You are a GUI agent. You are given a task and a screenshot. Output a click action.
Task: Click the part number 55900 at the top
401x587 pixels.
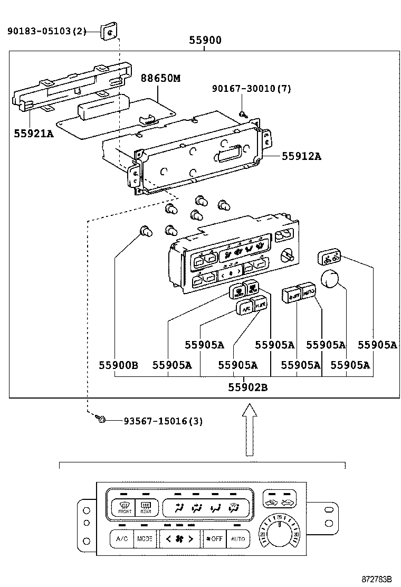[x=205, y=40]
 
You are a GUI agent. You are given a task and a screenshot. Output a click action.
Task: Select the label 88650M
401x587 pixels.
[x=160, y=78]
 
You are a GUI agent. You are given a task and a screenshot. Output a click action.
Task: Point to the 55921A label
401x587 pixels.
[x=34, y=133]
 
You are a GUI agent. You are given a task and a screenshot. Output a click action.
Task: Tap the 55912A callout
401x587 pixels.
[x=301, y=156]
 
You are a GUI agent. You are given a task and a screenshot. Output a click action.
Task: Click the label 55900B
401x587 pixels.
[x=118, y=365]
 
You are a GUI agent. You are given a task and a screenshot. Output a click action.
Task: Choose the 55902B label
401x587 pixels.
[x=247, y=387]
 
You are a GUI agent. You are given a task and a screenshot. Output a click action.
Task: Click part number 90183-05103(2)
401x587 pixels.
[x=46, y=32]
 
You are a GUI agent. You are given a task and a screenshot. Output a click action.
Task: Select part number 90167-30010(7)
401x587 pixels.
[x=251, y=89]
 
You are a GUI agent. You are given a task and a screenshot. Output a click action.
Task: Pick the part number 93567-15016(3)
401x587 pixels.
[x=163, y=421]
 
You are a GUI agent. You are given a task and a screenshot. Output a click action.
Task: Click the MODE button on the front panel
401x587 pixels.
[x=145, y=539]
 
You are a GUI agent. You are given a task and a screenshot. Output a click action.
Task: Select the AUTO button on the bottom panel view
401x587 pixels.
[x=238, y=539]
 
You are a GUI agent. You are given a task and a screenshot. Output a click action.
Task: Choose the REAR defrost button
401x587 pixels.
[x=146, y=508]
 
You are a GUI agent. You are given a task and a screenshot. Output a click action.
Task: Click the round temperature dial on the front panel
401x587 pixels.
[x=279, y=534]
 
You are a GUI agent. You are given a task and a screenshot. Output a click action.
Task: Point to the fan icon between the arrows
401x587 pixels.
[x=179, y=539]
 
